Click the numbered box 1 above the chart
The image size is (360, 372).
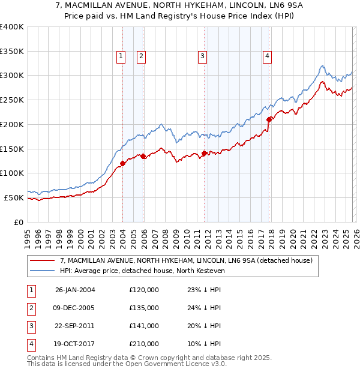[x=121, y=56]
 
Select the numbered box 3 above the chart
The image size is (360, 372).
[x=202, y=56]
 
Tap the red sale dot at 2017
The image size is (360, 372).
[x=269, y=119]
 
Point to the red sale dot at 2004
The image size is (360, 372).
[x=122, y=163]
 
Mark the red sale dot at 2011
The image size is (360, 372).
[x=205, y=153]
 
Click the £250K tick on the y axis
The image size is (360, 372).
[x=12, y=100]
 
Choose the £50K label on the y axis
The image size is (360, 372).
[x=14, y=197]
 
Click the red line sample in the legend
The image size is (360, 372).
[x=43, y=260]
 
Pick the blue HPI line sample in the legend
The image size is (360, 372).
[x=43, y=271]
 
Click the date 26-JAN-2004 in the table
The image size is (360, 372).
[x=75, y=290]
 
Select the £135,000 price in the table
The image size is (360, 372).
[x=144, y=308]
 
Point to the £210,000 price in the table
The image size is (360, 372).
[x=144, y=344]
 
